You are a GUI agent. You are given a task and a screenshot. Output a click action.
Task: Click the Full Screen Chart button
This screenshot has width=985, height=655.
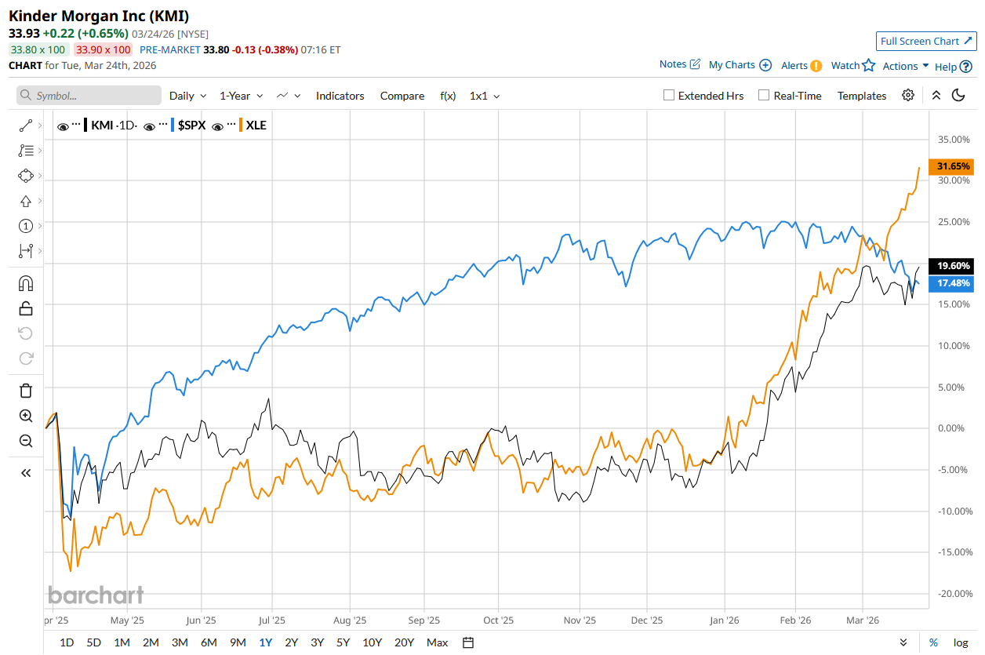pyautogui.click(x=925, y=41)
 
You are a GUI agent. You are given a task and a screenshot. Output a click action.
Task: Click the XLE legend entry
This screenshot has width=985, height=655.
pyautogui.click(x=256, y=125)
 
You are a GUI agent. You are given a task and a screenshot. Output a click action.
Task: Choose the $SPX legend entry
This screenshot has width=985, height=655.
pyautogui.click(x=191, y=125)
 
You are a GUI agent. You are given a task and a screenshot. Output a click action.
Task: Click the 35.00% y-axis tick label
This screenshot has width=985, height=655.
pyautogui.click(x=954, y=140)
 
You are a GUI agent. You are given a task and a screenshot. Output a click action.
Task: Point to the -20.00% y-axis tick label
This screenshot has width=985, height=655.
pyautogui.click(x=954, y=594)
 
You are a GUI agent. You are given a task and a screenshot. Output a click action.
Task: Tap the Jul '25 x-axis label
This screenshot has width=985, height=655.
pyautogui.click(x=271, y=620)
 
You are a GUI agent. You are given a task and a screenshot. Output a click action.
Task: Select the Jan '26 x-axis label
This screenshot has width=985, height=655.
pyautogui.click(x=724, y=620)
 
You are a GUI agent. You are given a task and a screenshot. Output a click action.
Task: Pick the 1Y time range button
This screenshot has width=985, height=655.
pyautogui.click(x=265, y=642)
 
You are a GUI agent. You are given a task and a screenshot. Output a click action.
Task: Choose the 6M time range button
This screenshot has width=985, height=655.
pyautogui.click(x=209, y=642)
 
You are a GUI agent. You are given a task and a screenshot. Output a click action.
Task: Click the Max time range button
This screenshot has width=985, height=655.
pyautogui.click(x=437, y=642)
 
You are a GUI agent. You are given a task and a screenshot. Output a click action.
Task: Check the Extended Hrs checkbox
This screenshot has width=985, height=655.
pyautogui.click(x=669, y=96)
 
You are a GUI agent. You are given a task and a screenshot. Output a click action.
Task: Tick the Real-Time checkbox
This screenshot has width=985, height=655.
pyautogui.click(x=764, y=96)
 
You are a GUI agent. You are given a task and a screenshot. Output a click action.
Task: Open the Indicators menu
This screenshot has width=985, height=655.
pyautogui.click(x=340, y=96)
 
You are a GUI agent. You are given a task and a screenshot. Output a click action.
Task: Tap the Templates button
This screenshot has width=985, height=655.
pyautogui.click(x=861, y=96)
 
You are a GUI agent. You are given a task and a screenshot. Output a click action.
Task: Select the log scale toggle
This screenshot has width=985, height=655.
pyautogui.click(x=961, y=642)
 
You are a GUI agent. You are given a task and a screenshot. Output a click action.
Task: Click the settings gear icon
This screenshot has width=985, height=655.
pyautogui.click(x=908, y=96)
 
